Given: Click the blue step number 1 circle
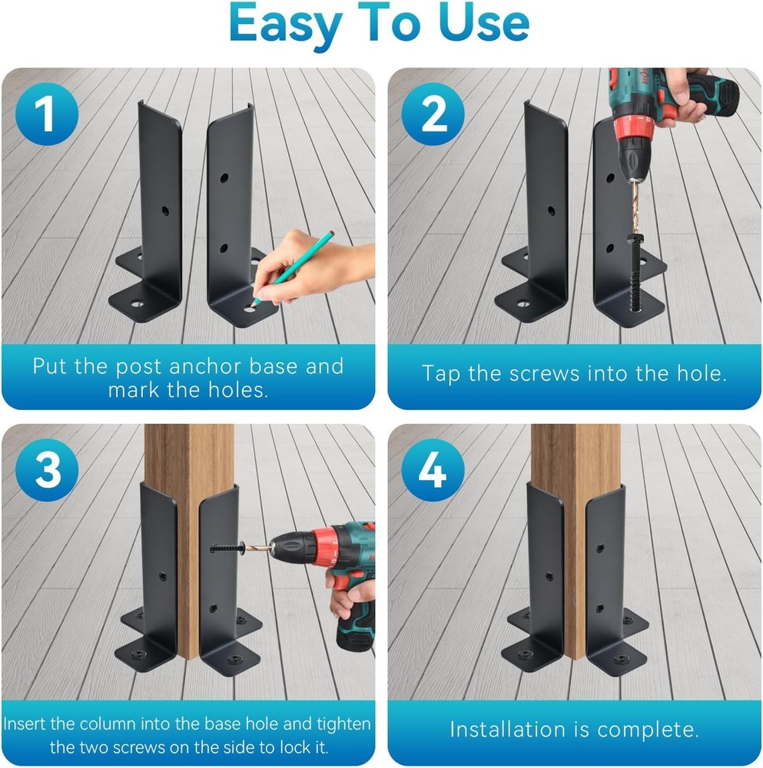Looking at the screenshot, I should click(x=46, y=114).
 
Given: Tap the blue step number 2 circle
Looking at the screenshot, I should click(x=433, y=114).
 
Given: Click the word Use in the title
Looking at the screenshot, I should click(x=483, y=25).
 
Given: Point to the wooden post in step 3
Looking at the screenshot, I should click(x=188, y=476).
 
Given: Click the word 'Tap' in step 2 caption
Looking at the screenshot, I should click(x=441, y=374).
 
